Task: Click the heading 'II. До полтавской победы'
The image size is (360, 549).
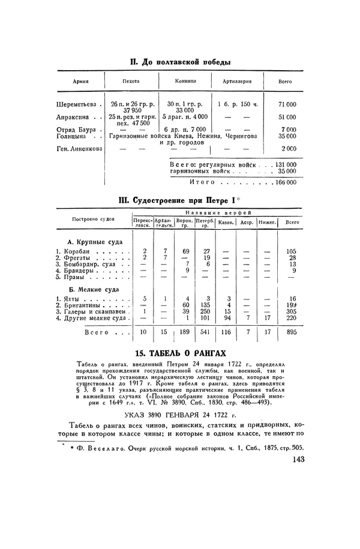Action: pos(181,61)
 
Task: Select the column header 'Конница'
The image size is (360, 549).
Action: pos(185,82)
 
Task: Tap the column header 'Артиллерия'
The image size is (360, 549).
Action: pos(238,82)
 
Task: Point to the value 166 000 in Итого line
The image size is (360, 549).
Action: pos(284,181)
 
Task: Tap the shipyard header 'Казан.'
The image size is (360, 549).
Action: pos(227,222)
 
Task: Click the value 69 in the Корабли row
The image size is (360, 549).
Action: pos(186,250)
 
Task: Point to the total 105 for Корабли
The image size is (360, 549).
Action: pos(292,250)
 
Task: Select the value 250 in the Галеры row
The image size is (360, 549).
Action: pos(206,311)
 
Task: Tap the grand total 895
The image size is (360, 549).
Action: pos(292,332)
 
